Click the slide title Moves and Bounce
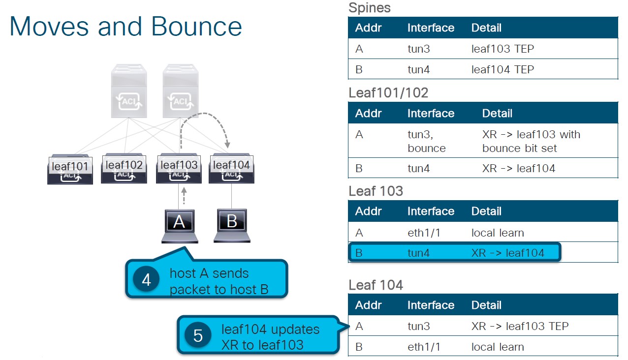126,27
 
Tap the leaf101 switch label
69,166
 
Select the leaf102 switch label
124,165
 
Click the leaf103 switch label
179,165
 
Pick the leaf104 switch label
231,165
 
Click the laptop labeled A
179,226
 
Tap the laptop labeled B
232,225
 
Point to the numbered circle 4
146,279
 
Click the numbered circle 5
198,336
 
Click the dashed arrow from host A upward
184,196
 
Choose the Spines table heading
369,8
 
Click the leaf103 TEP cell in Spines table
502,49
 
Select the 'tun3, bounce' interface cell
426,141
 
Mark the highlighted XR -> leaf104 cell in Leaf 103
507,253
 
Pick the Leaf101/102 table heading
388,92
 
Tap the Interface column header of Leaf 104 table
430,305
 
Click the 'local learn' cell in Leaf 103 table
497,233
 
